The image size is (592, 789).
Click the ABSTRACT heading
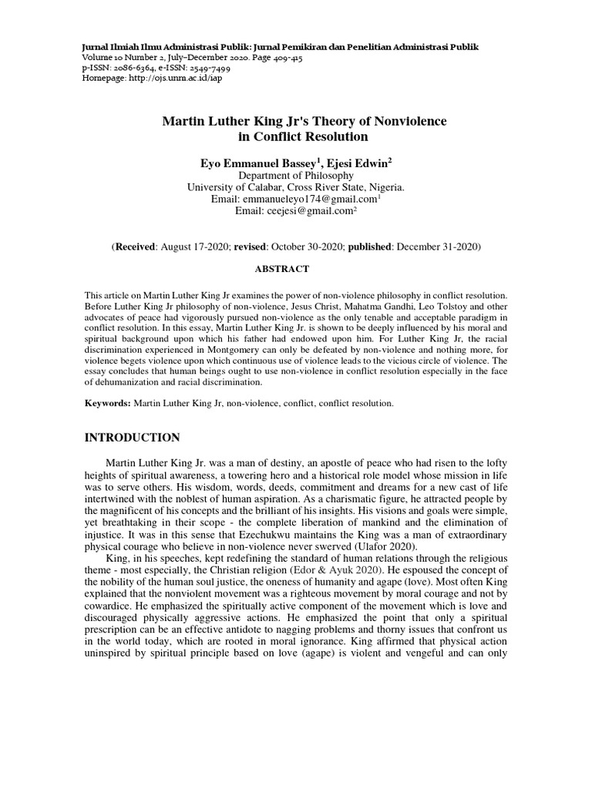click(281, 269)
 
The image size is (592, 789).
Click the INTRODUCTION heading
click(132, 438)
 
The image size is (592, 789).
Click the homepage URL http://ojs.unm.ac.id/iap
click(168, 79)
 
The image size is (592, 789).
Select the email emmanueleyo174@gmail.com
click(295, 199)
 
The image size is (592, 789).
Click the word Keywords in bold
click(107, 403)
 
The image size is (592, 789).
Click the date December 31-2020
click(437, 247)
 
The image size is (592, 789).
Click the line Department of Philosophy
click(296, 175)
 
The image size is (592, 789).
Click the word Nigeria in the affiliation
click(383, 186)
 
